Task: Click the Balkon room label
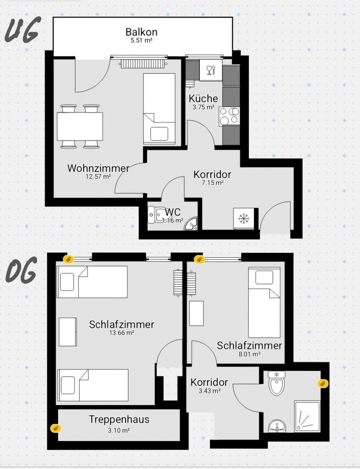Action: [x=141, y=32]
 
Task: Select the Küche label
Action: [x=203, y=98]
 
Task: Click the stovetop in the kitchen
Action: [x=230, y=116]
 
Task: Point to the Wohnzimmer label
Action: [x=98, y=169]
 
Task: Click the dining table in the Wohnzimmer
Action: [x=80, y=126]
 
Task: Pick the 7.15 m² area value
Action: [x=212, y=183]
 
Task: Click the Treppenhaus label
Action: [x=119, y=420]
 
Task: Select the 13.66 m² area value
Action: [x=121, y=333]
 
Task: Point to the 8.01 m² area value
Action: [x=249, y=354]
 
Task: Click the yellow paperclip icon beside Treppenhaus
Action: [x=56, y=428]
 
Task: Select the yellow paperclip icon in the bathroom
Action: [x=323, y=383]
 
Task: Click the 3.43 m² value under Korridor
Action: [x=209, y=391]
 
